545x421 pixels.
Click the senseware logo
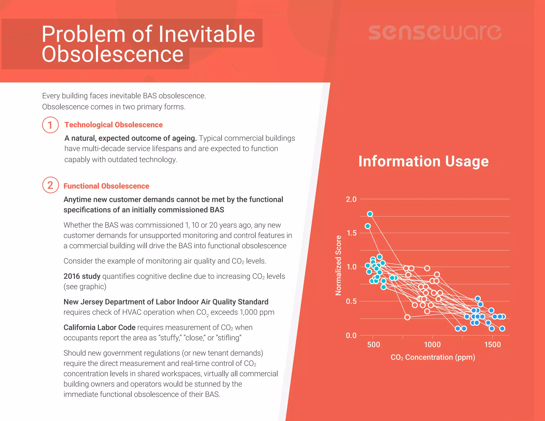point(435,32)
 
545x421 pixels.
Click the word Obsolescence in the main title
point(113,54)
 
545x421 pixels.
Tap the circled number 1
point(50,125)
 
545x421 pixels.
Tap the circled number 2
point(50,185)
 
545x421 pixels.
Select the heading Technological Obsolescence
point(113,125)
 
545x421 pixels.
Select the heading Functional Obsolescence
point(106,186)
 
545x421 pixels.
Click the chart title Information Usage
point(423,161)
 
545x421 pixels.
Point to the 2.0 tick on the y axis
point(351,199)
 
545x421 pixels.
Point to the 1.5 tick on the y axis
point(351,233)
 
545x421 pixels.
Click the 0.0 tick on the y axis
point(351,335)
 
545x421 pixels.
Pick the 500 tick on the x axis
point(373,345)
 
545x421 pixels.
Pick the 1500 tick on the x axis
point(492,345)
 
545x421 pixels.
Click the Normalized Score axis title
point(338,265)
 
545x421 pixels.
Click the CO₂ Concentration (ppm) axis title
point(433,357)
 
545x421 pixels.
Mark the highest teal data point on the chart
point(370,214)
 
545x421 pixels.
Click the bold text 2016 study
point(82,276)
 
